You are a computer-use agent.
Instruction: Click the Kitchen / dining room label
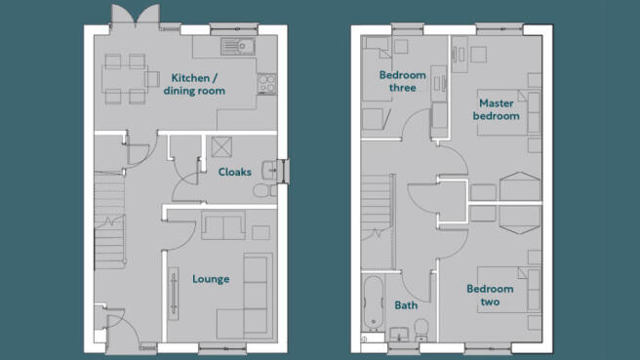[194, 84]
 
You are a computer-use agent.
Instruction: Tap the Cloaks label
[235, 172]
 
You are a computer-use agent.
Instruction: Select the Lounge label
[211, 279]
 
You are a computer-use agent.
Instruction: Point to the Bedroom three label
[403, 81]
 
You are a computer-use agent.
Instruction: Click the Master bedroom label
[497, 109]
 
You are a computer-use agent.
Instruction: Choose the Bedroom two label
[490, 295]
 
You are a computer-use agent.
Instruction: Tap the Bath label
[406, 305]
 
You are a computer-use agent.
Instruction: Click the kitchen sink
[238, 47]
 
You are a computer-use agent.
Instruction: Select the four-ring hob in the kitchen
[266, 84]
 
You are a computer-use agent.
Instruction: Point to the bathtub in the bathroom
[373, 302]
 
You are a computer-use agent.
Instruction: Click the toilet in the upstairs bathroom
[421, 330]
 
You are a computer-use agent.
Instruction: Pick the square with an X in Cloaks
[222, 147]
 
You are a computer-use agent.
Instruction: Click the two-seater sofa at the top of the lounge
[223, 225]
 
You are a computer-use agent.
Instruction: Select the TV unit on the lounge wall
[174, 294]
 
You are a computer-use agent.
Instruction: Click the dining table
[124, 79]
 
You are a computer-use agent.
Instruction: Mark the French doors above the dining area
[136, 17]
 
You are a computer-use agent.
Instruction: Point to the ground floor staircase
[109, 220]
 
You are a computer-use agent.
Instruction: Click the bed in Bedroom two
[509, 290]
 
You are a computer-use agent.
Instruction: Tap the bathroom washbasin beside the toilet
[399, 335]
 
